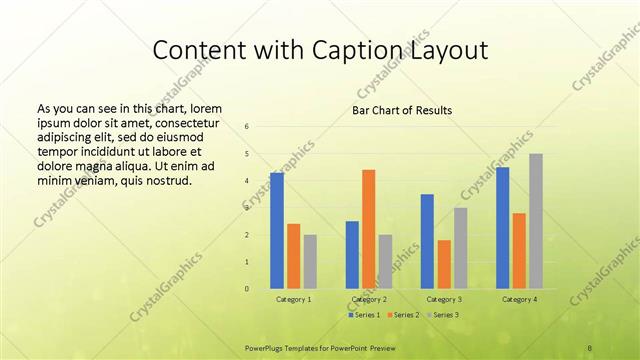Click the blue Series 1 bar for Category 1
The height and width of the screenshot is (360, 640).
tap(277, 231)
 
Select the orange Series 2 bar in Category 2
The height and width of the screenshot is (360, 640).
tap(368, 229)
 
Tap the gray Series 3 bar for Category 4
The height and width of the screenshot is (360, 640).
tap(536, 221)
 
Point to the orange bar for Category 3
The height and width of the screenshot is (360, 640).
tap(444, 264)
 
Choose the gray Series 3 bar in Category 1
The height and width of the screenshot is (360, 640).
tap(310, 262)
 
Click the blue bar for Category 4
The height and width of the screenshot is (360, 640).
tap(502, 228)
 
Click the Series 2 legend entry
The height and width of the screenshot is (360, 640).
tap(403, 315)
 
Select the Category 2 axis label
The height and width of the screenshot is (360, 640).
tap(369, 299)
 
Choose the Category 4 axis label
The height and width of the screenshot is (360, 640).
tap(519, 299)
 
